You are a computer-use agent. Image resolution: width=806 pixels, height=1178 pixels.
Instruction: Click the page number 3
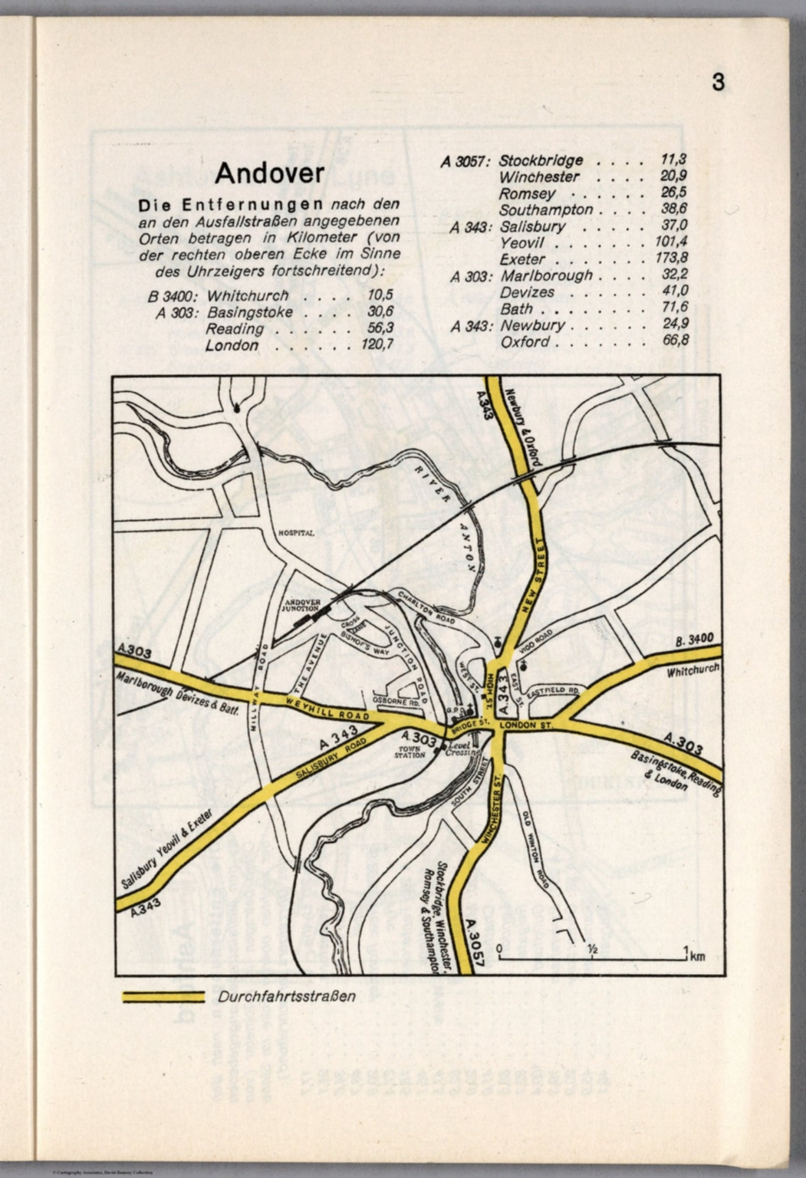pyautogui.click(x=718, y=82)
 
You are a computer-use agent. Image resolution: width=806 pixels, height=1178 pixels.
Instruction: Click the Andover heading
pyautogui.click(x=269, y=174)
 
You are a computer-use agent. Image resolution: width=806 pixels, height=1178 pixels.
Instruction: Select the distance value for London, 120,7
pyautogui.click(x=377, y=345)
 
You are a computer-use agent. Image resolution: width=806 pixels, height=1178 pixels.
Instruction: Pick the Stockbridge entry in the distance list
pyautogui.click(x=541, y=161)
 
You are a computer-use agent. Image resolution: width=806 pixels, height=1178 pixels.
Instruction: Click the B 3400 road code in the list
pyautogui.click(x=175, y=296)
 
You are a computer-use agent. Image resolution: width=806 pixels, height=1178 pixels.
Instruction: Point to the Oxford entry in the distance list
pyautogui.click(x=525, y=341)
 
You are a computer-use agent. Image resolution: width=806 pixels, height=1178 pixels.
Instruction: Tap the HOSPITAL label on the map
pyautogui.click(x=297, y=533)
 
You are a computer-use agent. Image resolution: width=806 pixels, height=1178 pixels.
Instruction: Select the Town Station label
pyautogui.click(x=410, y=752)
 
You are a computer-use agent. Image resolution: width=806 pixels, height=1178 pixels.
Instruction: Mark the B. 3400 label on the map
pyautogui.click(x=695, y=640)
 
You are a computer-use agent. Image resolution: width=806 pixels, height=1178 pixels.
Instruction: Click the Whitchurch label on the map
pyautogui.click(x=693, y=670)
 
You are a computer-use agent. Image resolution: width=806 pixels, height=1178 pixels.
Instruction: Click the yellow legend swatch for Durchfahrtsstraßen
pyautogui.click(x=163, y=997)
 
